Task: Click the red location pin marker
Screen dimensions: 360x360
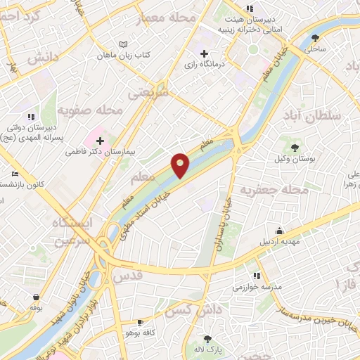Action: (181, 165)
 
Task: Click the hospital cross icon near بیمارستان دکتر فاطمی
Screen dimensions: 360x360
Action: (101, 141)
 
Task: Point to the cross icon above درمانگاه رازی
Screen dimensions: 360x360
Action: (204, 53)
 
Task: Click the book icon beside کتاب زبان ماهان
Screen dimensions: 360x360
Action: (124, 44)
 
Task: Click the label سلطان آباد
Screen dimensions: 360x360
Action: (313, 115)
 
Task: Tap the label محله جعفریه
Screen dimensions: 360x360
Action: (275, 190)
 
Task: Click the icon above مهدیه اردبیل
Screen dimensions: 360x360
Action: (281, 231)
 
